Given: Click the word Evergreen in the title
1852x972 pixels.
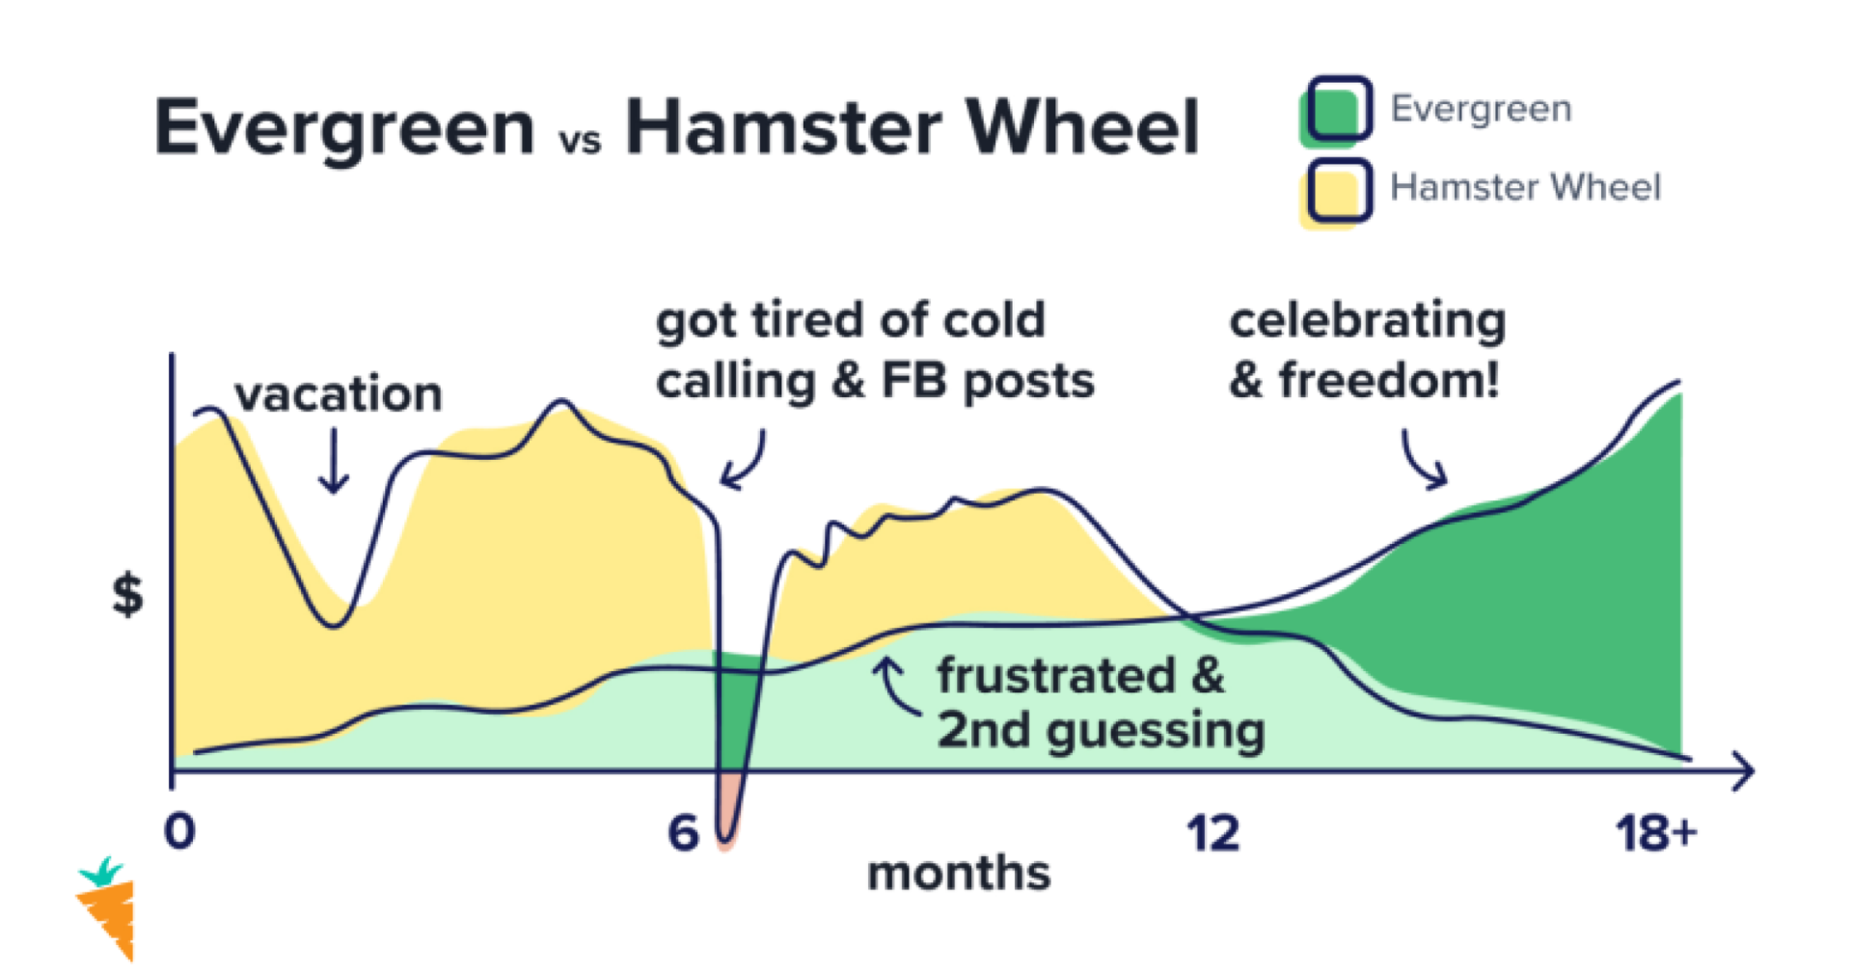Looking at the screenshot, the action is click(344, 129).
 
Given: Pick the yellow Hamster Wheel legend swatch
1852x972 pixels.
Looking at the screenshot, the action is click(1336, 193).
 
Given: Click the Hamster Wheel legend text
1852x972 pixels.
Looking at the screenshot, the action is click(1525, 187).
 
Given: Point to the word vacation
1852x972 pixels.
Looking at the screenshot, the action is click(339, 393).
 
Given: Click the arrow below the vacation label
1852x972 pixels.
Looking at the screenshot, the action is click(334, 460).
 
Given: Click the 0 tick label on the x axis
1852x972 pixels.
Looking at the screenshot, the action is click(180, 831).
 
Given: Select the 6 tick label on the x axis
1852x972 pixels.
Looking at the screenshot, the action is click(683, 832).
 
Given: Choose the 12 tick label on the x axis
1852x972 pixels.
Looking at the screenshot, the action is click(1212, 832).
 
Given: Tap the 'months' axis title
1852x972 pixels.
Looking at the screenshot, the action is click(959, 874).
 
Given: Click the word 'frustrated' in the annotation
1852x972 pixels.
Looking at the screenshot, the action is click(1056, 675).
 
